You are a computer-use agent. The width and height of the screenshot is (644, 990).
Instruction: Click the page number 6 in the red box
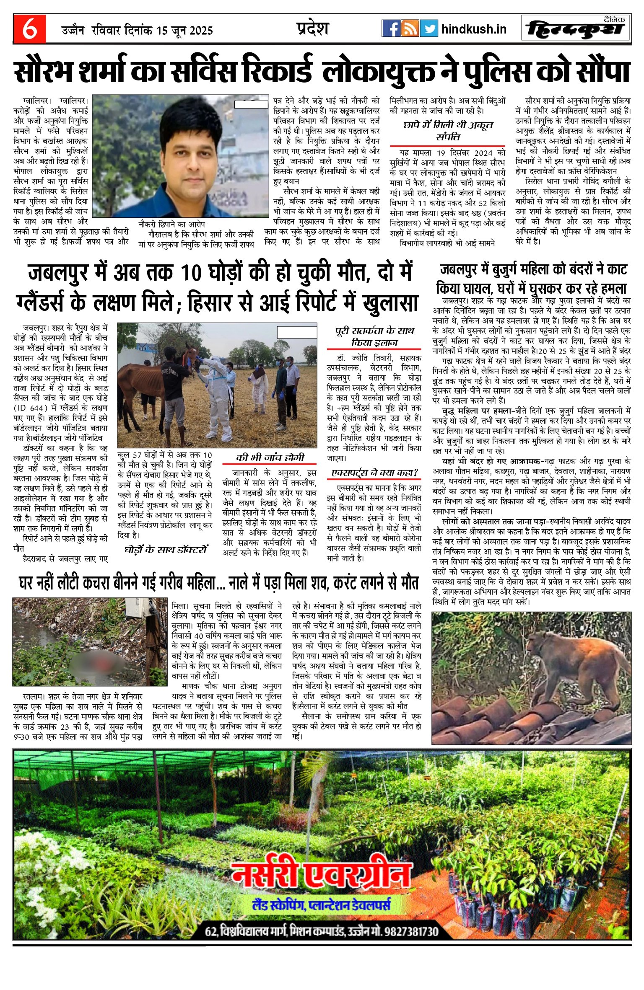point(29,29)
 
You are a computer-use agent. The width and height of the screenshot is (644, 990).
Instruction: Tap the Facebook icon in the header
point(391,28)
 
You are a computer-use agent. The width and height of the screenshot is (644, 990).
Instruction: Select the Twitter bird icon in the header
point(428,28)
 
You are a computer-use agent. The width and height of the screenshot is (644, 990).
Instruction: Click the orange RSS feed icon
point(410,28)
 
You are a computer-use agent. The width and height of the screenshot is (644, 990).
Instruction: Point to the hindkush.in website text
point(474,29)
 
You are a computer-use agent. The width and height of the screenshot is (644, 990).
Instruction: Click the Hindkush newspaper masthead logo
point(576,29)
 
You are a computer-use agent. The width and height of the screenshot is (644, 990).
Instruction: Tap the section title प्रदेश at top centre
point(312,28)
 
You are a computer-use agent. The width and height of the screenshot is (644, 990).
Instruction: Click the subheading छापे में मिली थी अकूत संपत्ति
point(448,131)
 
